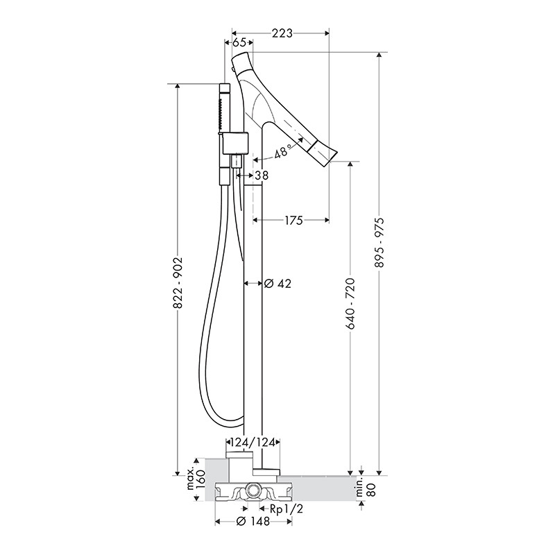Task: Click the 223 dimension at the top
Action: point(282,33)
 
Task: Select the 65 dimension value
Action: point(239,42)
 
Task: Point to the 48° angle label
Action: point(284,151)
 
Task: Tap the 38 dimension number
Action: point(262,175)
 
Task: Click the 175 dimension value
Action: point(294,221)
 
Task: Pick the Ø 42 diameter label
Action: point(278,283)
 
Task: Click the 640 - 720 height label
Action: point(350,304)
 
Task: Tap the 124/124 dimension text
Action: point(253,443)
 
